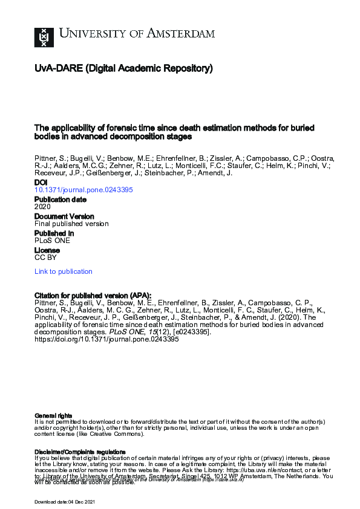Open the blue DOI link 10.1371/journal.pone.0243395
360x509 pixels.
click(x=83, y=189)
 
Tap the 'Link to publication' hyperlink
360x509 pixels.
click(x=64, y=271)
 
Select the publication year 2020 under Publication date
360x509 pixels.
click(x=42, y=206)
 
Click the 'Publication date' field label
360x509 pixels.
click(x=60, y=199)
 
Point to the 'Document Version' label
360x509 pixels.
click(x=64, y=216)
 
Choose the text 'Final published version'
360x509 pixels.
click(x=71, y=223)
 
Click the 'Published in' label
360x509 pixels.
click(x=54, y=233)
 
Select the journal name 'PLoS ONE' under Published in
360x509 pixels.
click(x=52, y=240)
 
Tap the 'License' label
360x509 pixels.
click(x=47, y=250)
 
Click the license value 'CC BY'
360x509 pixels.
click(x=45, y=257)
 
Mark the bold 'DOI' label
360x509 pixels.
click(x=41, y=182)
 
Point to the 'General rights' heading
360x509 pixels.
click(x=53, y=415)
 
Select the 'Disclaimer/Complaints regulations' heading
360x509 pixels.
click(x=80, y=452)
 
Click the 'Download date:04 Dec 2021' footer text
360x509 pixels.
click(x=65, y=502)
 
